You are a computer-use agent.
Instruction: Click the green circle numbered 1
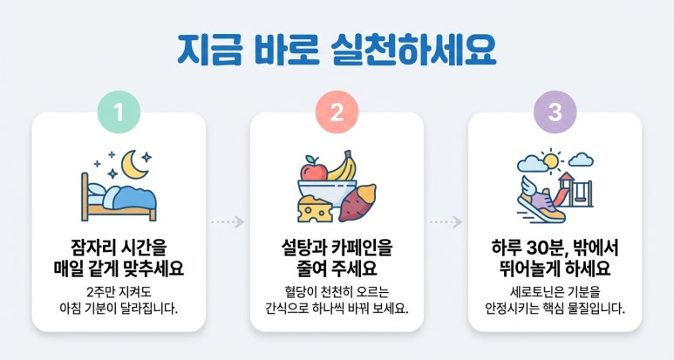click(x=119, y=112)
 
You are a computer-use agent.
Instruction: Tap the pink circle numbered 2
click(x=337, y=112)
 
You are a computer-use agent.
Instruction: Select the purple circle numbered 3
click(x=555, y=112)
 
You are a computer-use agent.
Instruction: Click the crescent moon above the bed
click(x=133, y=164)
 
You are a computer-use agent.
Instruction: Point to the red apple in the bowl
click(x=314, y=169)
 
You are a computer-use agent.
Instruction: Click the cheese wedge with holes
click(x=316, y=209)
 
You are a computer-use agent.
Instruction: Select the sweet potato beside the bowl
click(x=357, y=202)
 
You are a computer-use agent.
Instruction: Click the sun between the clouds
click(x=550, y=161)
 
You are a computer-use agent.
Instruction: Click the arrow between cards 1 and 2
click(x=228, y=221)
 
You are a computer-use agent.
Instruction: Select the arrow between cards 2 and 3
click(x=446, y=221)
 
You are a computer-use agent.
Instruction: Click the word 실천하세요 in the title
click(x=414, y=50)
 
